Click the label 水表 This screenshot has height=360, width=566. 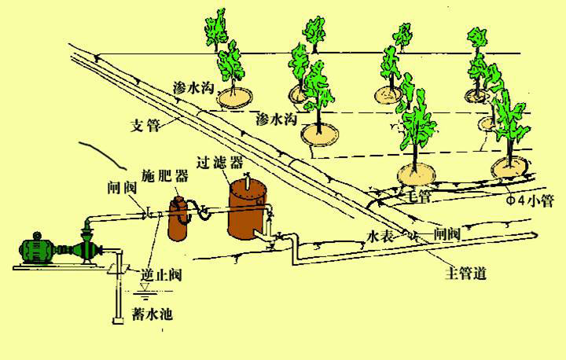pos(381,235)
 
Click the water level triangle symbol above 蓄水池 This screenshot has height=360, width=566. pos(144,288)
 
